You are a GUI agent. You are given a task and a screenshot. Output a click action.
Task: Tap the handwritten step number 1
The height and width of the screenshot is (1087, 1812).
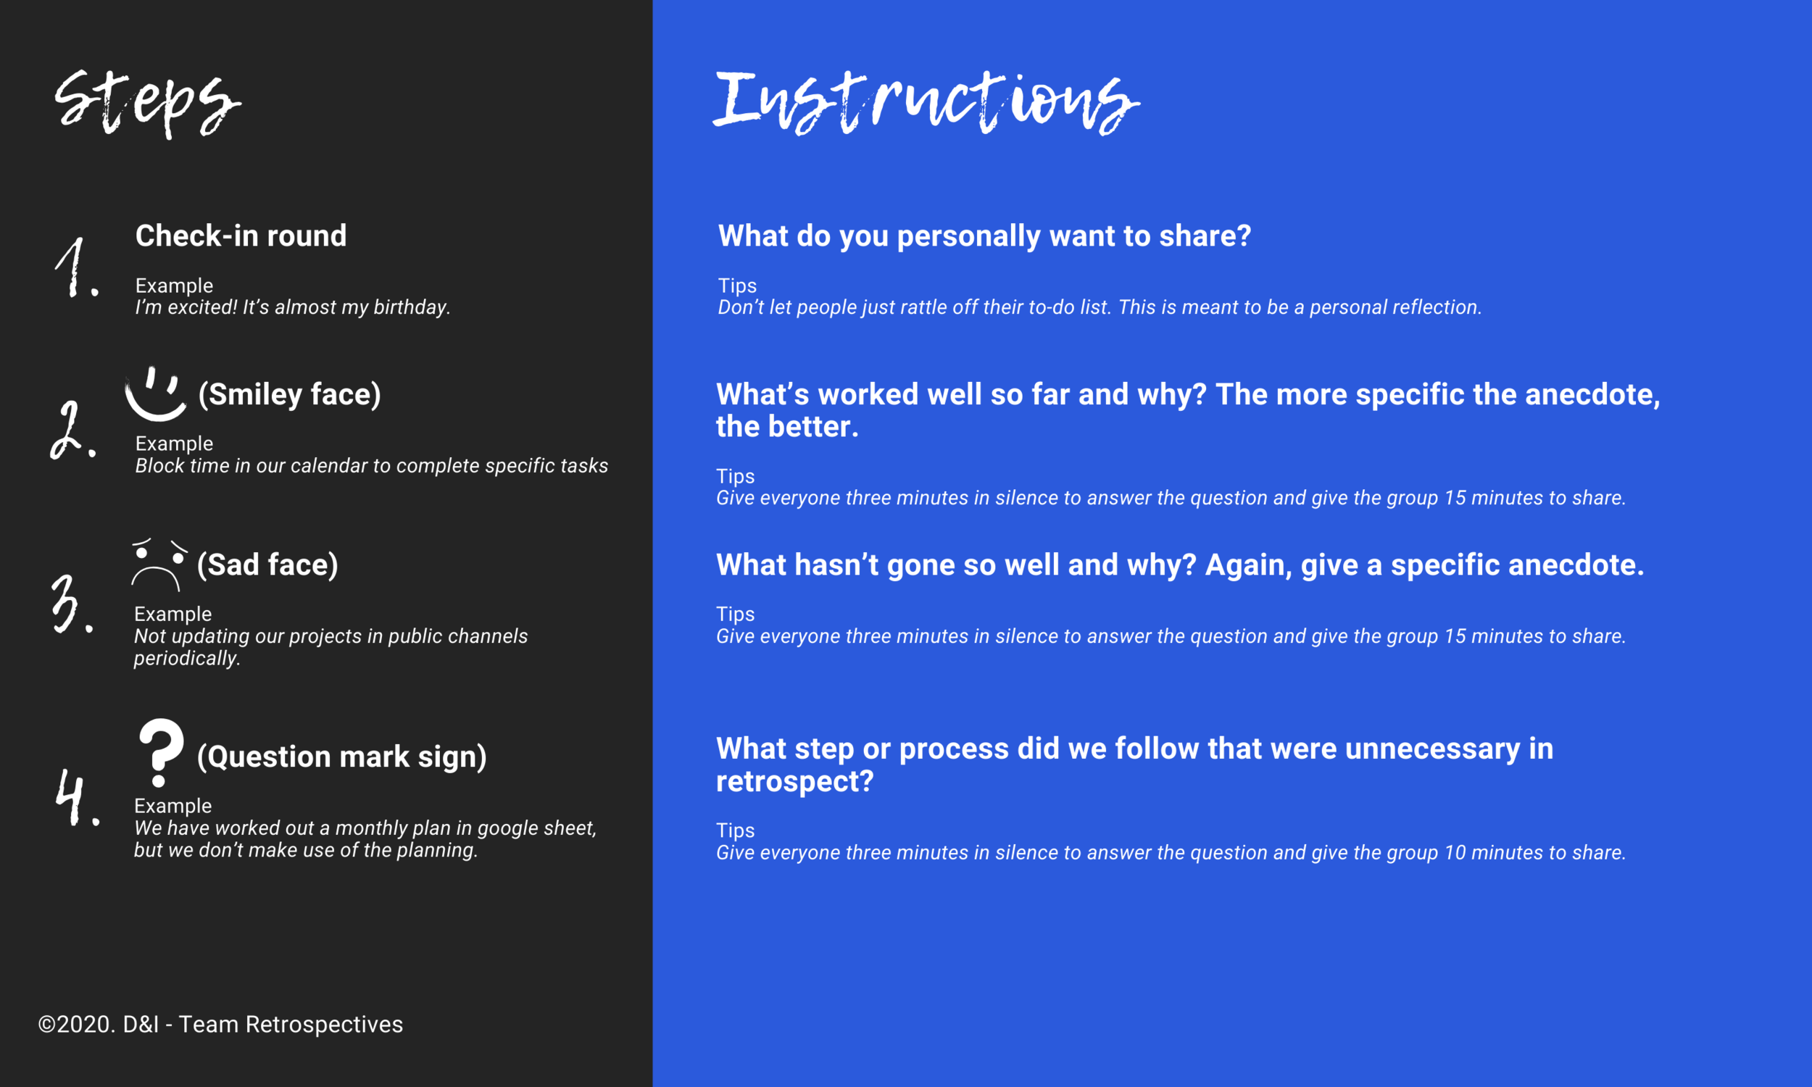tap(75, 268)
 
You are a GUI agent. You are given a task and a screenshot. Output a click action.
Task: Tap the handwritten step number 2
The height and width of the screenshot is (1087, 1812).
tap(71, 430)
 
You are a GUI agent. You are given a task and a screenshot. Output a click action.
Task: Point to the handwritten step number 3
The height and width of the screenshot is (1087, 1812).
tap(70, 604)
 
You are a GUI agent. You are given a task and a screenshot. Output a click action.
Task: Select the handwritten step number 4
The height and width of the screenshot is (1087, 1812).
tap(75, 798)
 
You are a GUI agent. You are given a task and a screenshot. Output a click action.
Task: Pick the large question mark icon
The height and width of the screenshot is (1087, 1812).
tap(160, 751)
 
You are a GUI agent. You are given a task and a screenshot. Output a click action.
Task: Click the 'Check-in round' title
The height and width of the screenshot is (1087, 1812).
tap(241, 236)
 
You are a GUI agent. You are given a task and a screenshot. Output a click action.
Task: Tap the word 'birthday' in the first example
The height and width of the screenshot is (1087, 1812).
tap(410, 308)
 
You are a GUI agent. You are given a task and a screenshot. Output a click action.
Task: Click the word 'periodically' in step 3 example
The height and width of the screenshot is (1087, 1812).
tap(186, 659)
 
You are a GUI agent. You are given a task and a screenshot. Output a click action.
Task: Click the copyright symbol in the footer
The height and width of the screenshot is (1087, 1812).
tap(47, 1025)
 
